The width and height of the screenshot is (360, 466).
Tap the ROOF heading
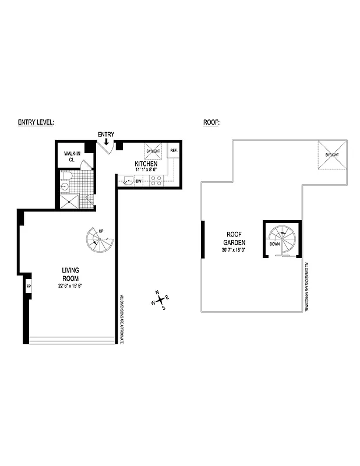(x=211, y=122)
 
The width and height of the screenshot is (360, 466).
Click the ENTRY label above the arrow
(x=105, y=135)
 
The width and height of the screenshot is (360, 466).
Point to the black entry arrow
(x=105, y=142)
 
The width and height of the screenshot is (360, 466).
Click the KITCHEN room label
(x=146, y=164)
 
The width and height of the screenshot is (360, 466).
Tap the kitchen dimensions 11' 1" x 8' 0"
(x=146, y=171)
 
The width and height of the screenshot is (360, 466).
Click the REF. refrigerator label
(x=173, y=151)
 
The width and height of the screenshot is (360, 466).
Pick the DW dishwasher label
(x=139, y=182)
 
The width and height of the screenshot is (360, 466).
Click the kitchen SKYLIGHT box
(x=153, y=151)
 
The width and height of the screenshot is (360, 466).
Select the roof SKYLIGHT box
(x=331, y=156)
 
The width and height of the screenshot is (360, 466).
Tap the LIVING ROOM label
(x=70, y=274)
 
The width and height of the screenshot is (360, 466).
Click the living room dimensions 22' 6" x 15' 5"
(x=70, y=285)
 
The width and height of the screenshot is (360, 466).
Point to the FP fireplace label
(x=28, y=287)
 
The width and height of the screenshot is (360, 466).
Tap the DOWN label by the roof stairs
(x=275, y=243)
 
